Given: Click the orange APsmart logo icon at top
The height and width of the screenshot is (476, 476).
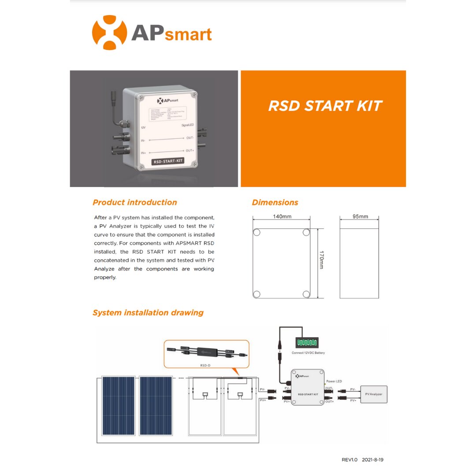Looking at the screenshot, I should point(109,33).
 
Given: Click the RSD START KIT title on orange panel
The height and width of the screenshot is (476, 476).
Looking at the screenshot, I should point(325,106).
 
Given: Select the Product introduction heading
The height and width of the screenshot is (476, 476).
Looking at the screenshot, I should point(134,202).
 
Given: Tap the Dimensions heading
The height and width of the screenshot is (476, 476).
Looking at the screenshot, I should point(275,202).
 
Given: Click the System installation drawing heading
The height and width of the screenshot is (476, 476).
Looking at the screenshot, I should point(148,312).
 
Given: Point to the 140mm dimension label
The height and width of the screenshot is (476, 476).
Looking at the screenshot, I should point(282,217).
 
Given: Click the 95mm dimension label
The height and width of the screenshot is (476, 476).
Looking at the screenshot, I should point(360,217).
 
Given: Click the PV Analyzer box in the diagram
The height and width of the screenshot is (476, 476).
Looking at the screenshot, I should point(373,394).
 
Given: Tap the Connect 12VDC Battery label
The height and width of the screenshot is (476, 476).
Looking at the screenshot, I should point(308,353).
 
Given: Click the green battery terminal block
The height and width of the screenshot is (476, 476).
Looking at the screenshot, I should point(306,342).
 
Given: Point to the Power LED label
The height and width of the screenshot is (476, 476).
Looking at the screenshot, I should point(334,381).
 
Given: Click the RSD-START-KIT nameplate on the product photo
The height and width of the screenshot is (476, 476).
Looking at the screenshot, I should point(167,161).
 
